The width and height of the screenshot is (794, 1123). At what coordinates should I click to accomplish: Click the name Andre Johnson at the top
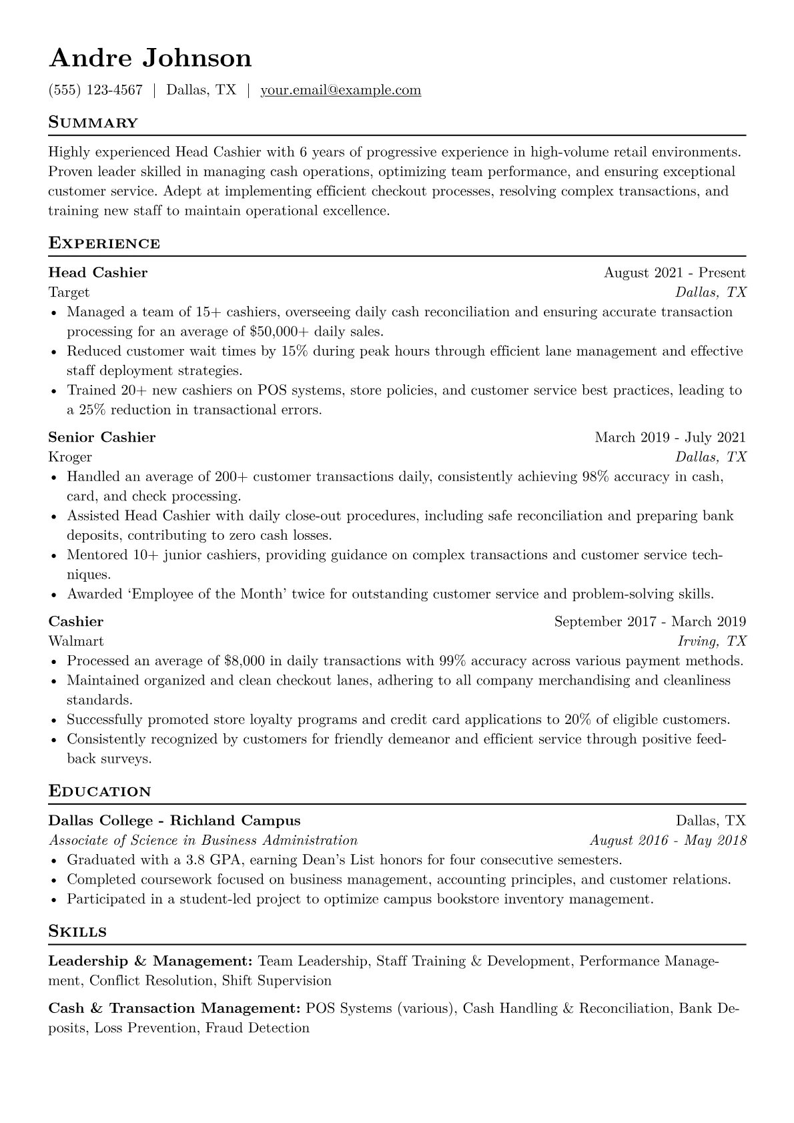point(150,58)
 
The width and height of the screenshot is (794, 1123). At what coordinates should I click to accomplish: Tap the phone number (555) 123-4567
point(95,90)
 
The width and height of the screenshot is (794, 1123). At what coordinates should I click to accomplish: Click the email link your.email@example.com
point(340,90)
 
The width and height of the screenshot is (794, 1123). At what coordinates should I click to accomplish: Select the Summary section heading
point(93,123)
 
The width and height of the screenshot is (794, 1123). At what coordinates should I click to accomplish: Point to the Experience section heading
point(104,244)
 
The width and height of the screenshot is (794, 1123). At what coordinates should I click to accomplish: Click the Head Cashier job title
point(98,272)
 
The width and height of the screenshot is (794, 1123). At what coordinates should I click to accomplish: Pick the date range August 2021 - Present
point(674,272)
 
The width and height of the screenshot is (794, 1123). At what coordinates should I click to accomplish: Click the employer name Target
point(69,292)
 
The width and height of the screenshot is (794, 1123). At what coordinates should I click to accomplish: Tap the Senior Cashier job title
point(102,437)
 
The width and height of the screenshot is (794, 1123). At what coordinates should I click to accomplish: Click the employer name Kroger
point(70,457)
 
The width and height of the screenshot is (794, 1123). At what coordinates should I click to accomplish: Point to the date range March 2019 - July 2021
point(670,437)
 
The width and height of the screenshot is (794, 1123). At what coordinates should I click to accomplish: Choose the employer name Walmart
point(76,641)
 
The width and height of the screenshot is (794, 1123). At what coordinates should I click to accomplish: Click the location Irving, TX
point(712,641)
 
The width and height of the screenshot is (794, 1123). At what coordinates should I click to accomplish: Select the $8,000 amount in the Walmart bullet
point(244,661)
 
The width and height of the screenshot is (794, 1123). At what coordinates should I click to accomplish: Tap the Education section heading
point(100,792)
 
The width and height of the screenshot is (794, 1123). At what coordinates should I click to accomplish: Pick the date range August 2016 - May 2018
point(668,840)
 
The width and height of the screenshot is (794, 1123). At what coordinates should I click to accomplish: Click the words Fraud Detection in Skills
point(258,1028)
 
